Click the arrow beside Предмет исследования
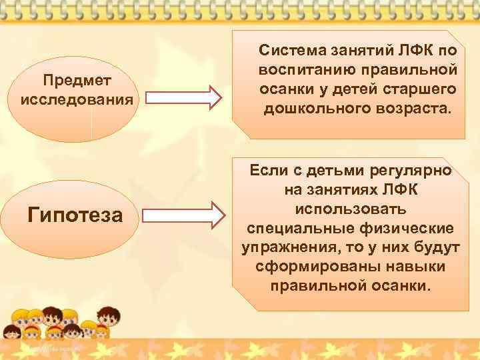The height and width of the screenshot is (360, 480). (x=183, y=97)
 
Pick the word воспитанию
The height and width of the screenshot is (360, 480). (x=302, y=69)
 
